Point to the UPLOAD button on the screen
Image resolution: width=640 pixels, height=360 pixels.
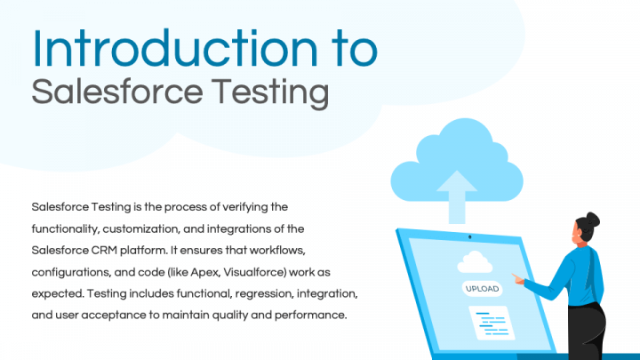point(482,289)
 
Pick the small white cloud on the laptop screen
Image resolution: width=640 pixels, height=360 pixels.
point(474,261)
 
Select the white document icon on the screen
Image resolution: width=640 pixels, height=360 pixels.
point(490,321)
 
